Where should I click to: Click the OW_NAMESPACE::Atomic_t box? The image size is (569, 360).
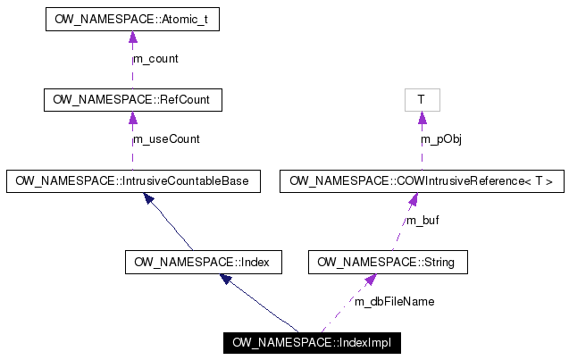132,19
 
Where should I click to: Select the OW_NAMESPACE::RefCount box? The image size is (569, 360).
132,99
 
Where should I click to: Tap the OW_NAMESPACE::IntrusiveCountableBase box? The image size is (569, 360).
132,180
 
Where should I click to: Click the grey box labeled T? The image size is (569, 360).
422,99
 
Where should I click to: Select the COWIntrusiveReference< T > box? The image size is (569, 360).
422,180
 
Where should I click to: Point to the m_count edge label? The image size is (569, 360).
155,59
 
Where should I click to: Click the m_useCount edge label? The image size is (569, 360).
166,139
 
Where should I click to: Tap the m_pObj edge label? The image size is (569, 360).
441,139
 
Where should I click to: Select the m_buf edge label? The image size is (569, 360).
423,221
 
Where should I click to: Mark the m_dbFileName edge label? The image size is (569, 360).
394,302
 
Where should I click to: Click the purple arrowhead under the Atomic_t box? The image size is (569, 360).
132,38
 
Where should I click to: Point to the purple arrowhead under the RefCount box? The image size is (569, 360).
132,118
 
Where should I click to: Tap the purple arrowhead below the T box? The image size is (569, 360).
422,118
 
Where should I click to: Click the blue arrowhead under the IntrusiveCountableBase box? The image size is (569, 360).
149,198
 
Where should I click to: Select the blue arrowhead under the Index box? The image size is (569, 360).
226,280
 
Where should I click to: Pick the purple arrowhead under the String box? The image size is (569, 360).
368,280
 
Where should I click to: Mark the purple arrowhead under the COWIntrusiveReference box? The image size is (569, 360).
414,198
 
